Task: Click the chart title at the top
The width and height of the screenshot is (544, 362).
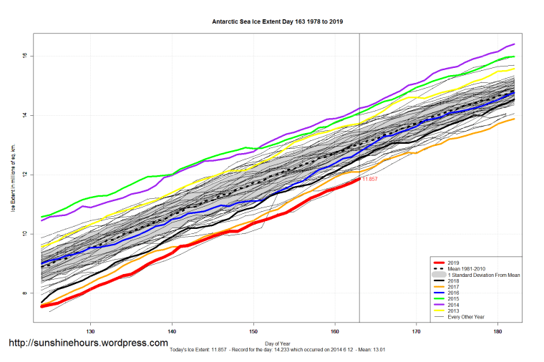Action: coord(277,22)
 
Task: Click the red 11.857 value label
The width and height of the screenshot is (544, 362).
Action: coord(369,179)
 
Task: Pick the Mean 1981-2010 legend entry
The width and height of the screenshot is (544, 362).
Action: coord(466,269)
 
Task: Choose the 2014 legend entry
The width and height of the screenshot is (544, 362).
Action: coord(452,304)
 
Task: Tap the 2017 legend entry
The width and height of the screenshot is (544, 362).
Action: coord(452,287)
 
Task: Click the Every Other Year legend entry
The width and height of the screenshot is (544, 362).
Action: coord(466,315)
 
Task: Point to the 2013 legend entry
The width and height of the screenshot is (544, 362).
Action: coord(452,310)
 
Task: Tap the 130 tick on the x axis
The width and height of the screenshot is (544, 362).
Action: coord(91,332)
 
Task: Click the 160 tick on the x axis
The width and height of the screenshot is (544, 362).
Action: coord(334,332)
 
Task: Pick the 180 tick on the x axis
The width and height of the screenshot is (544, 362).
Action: coord(497,332)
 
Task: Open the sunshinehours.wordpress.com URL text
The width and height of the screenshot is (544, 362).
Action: coord(88,343)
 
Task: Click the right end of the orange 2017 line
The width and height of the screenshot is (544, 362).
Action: coord(515,119)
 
